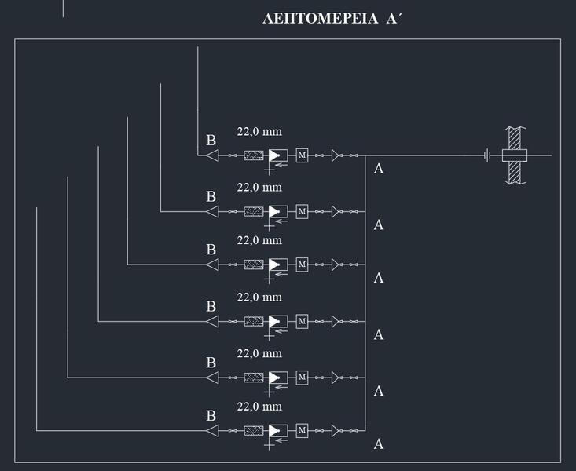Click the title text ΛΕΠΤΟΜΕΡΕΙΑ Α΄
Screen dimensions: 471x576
point(332,19)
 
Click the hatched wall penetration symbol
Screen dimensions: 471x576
point(515,155)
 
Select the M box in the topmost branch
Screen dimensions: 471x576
point(302,155)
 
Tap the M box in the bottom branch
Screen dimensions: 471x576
point(302,430)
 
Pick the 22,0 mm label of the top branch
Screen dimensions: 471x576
point(259,131)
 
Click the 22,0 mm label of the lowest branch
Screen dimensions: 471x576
point(259,407)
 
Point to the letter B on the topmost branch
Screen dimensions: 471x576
point(211,141)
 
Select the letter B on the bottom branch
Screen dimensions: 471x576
point(211,415)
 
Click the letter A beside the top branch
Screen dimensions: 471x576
point(378,169)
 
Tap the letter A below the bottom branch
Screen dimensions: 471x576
point(378,444)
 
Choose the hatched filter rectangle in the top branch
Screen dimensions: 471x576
point(253,155)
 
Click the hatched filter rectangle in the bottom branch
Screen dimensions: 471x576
point(253,430)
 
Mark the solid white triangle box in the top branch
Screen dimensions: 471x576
point(277,155)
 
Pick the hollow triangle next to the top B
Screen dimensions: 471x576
point(212,155)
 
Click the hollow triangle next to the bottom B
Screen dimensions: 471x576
point(212,430)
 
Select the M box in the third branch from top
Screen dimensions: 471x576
point(302,265)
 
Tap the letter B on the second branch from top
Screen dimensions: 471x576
point(211,196)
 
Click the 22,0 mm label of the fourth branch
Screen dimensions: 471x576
point(259,298)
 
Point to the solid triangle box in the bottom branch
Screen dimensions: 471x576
point(277,430)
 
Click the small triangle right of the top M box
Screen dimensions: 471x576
point(336,155)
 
